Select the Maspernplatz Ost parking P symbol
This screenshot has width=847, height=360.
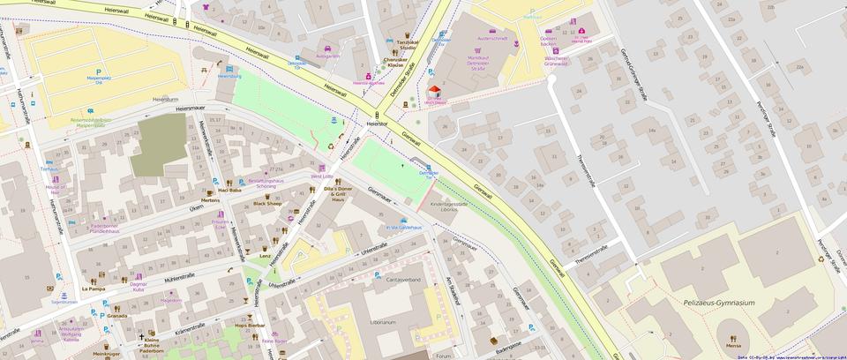click(x=99, y=71)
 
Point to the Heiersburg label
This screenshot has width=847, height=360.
click(x=229, y=77)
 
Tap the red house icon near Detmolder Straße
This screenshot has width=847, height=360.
click(x=433, y=92)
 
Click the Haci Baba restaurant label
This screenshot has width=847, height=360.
click(x=229, y=191)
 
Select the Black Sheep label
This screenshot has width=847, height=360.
click(x=267, y=204)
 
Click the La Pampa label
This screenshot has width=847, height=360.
click(x=94, y=289)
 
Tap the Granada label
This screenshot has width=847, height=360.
click(x=117, y=316)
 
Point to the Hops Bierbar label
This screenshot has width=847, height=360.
click(x=250, y=326)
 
